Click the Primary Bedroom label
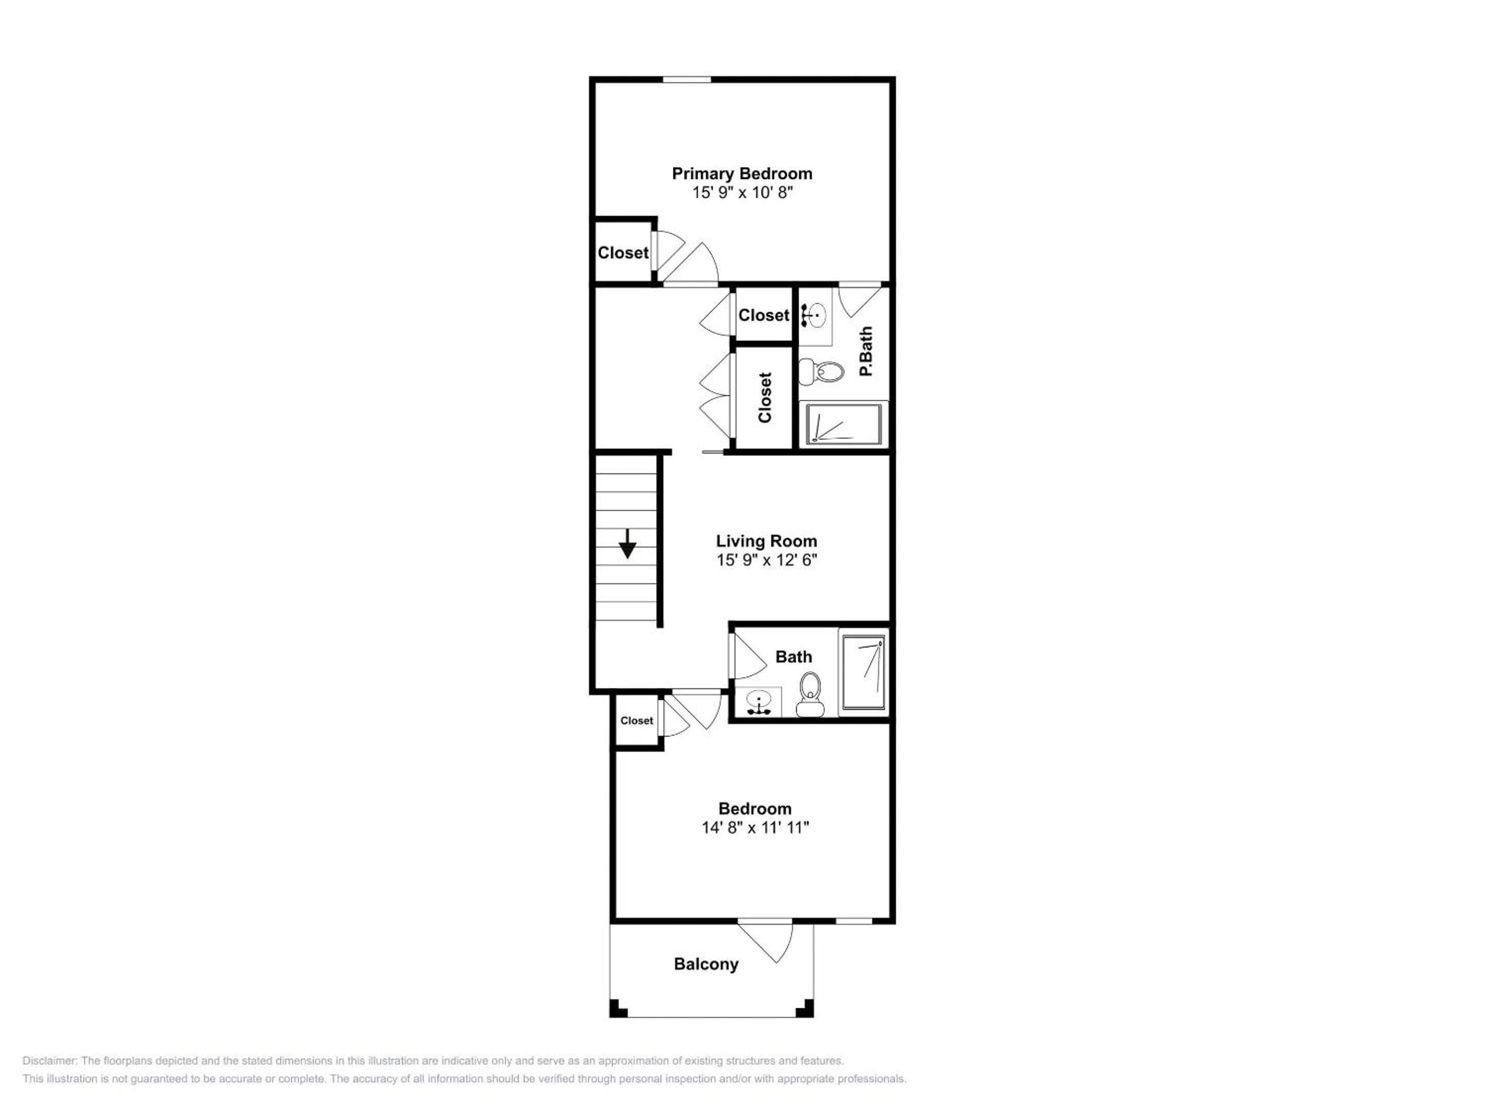[742, 174]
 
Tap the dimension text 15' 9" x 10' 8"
[742, 193]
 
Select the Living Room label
[766, 541]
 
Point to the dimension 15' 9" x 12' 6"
[767, 560]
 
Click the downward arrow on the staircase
[628, 544]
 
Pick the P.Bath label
[866, 351]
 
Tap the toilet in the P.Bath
[821, 371]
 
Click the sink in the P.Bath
[814, 314]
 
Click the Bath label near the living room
[794, 657]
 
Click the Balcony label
[706, 964]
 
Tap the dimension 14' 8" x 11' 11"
[755, 828]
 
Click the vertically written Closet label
[765, 398]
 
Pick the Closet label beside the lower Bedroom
[636, 720]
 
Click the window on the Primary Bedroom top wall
[687, 80]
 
